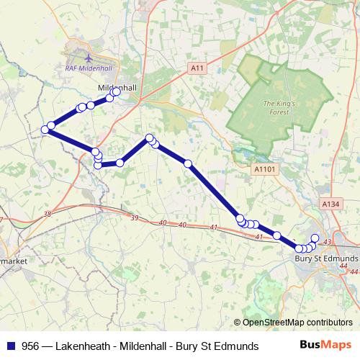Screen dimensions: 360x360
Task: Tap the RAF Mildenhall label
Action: point(86,68)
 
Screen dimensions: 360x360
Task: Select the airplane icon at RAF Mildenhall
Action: point(88,57)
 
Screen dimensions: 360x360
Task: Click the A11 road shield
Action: point(198,68)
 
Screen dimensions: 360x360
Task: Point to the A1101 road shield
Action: point(265,168)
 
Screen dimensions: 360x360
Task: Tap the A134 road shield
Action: point(330,204)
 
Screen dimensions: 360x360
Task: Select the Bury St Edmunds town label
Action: point(326,258)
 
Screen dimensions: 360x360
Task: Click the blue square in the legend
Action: point(10,346)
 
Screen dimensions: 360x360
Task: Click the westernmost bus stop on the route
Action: point(45,130)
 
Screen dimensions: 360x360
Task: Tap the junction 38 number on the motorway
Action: point(48,214)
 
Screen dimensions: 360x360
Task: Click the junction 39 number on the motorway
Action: point(135,217)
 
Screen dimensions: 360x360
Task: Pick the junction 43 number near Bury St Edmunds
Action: point(328,241)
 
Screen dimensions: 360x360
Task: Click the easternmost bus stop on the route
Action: point(315,238)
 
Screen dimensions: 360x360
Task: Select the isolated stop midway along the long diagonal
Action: point(188,164)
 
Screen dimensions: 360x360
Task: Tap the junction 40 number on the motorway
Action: point(182,225)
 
